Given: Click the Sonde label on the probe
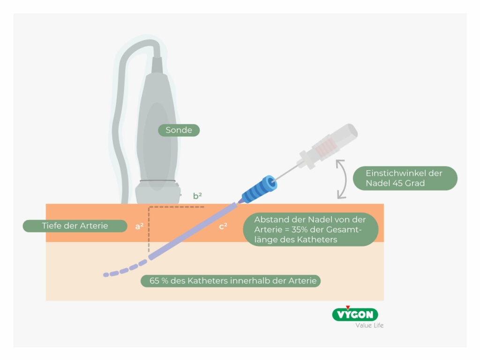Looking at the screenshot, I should coord(179,130).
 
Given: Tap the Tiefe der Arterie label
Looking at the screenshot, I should coord(75,226).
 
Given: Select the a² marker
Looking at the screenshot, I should coord(139,226).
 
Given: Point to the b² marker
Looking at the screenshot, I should coord(198,196).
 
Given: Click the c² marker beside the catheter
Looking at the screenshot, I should coord(223,226).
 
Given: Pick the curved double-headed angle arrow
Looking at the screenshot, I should coord(343,179).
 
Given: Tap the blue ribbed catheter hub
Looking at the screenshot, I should coord(258,188).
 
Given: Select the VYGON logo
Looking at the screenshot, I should coord(355,314).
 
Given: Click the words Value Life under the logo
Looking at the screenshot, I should coord(369,325).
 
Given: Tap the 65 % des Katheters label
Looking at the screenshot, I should coord(231,281).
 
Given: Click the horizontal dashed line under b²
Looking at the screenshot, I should coord(176,207).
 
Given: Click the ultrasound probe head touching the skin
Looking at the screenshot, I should coord(157,193).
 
